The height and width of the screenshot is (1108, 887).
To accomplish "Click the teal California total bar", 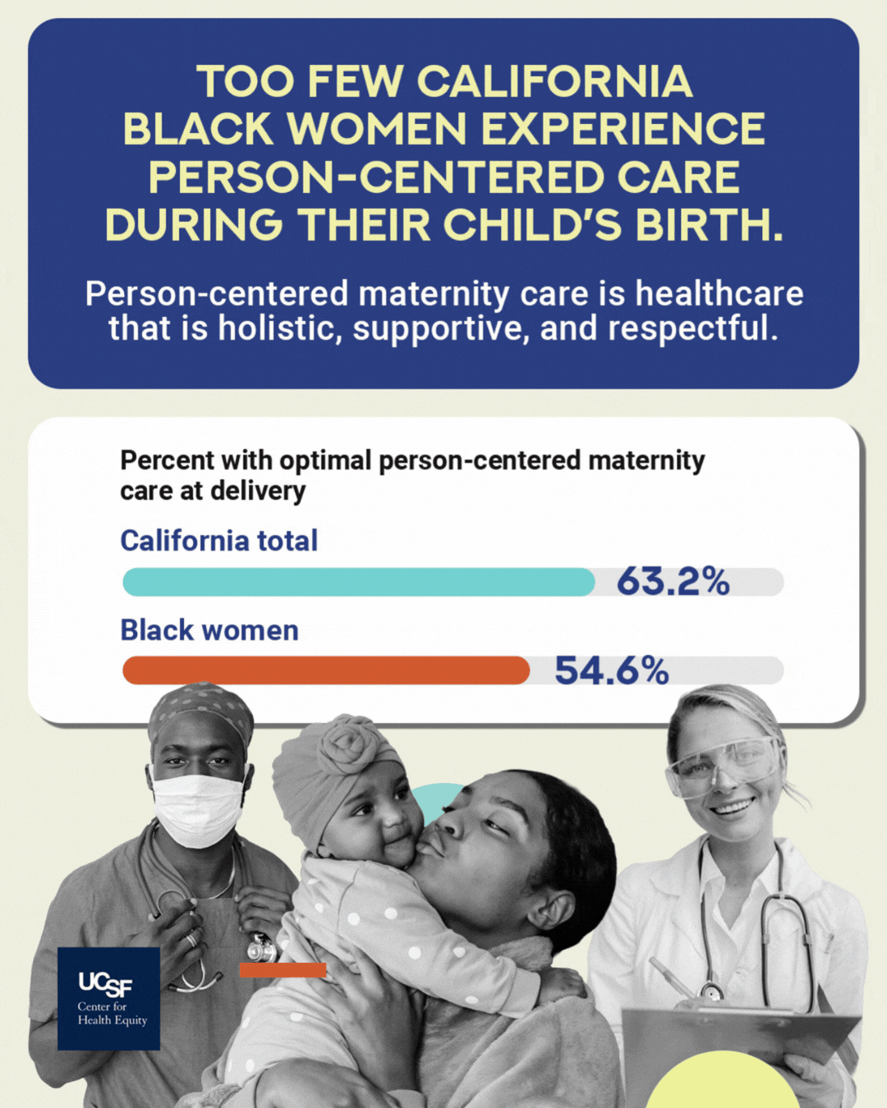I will [x=358, y=582].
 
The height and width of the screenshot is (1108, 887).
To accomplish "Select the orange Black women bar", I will [x=325, y=671].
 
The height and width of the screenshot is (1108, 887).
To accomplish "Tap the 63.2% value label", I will [x=673, y=582].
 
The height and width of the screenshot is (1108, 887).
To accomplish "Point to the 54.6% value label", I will [x=611, y=671].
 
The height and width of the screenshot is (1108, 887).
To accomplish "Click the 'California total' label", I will [x=218, y=541].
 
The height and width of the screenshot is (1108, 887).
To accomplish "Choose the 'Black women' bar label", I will [x=209, y=630].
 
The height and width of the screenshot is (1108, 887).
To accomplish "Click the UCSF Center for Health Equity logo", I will [x=109, y=999].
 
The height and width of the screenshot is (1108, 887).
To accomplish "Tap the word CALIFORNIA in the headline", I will [x=554, y=82].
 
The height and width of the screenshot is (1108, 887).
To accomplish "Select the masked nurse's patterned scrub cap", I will [x=202, y=707].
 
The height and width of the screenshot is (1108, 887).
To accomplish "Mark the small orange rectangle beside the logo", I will [x=283, y=970].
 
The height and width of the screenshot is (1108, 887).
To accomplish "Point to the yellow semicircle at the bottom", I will [x=723, y=1083].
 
